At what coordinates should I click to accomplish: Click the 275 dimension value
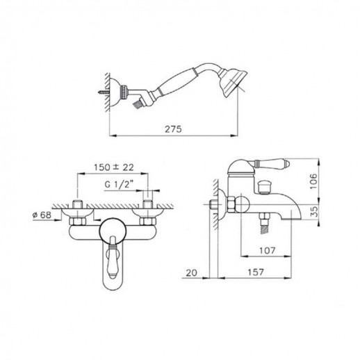click(173, 129)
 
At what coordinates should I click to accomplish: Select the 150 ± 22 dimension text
click(114, 167)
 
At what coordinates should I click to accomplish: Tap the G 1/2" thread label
click(120, 185)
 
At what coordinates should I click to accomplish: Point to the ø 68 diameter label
click(42, 215)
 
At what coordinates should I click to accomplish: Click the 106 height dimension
click(313, 181)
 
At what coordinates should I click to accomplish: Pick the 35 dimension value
click(313, 211)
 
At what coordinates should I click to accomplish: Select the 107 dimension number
click(267, 250)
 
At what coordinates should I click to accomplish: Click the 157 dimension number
click(256, 272)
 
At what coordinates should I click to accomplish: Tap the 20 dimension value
click(191, 273)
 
